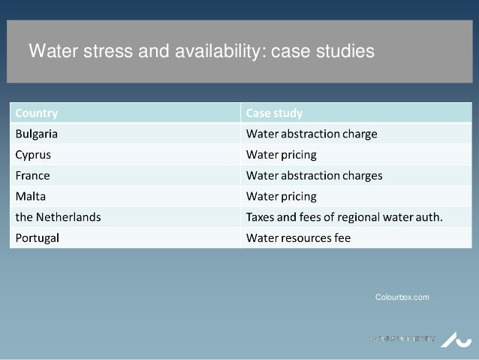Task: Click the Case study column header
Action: (275, 114)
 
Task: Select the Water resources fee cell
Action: (299, 238)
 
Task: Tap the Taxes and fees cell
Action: (345, 217)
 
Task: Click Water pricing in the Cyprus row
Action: (282, 156)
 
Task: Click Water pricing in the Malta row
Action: (282, 197)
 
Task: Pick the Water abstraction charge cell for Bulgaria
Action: (312, 135)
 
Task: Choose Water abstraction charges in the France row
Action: (315, 176)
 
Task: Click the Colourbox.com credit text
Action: (402, 298)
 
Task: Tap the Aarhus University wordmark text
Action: (401, 338)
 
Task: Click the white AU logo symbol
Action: (452, 338)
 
